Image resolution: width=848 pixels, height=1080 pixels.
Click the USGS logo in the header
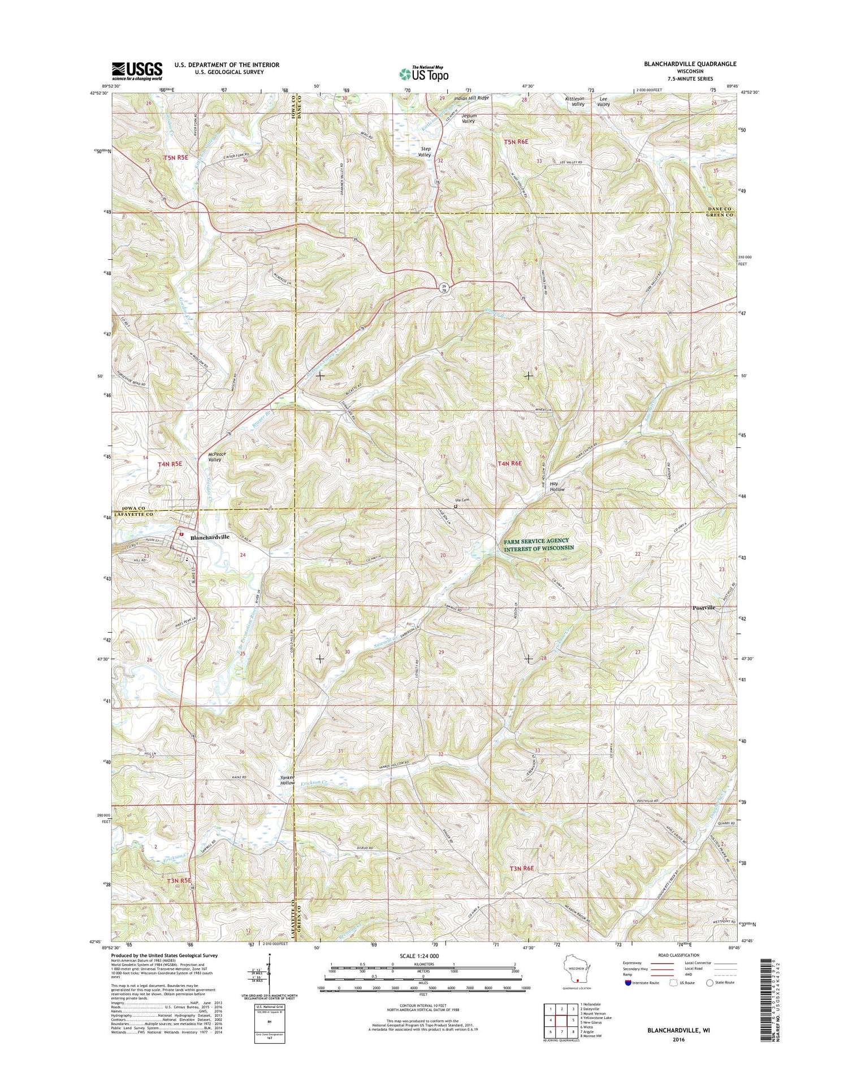point(137,71)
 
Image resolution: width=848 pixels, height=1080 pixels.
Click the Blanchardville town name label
point(210,537)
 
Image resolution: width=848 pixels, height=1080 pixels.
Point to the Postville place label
point(704,608)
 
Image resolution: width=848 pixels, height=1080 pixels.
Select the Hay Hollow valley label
point(557,486)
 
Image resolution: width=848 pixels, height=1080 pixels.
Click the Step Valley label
point(425,151)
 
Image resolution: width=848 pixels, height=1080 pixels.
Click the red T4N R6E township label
point(510,463)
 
